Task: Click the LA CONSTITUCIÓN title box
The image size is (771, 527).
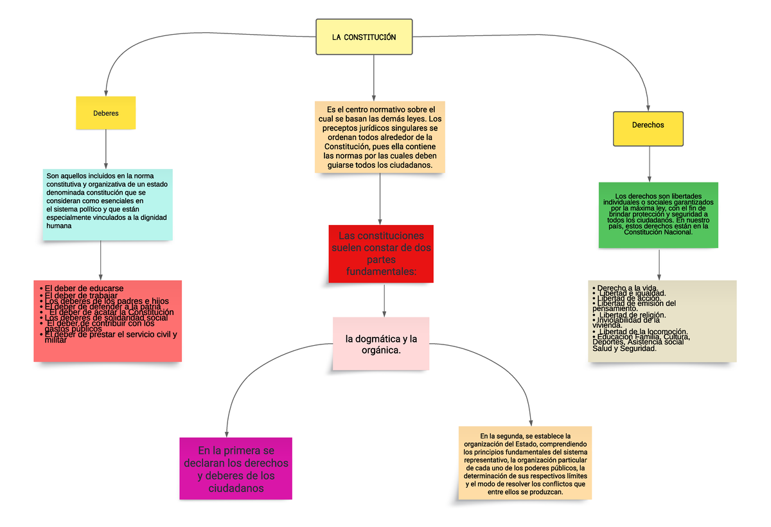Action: coord(364,37)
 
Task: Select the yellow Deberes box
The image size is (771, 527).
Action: coord(106,112)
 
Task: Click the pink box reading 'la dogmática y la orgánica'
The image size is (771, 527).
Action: coord(381,344)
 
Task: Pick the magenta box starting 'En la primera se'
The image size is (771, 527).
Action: coord(236,469)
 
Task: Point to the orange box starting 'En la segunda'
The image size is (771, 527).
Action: coord(524,463)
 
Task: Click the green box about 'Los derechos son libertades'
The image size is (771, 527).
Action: coord(658,215)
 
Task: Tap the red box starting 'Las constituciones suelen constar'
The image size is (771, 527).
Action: coord(381,254)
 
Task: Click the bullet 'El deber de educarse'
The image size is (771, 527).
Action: coord(84,289)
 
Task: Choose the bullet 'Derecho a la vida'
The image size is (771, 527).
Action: coord(626,287)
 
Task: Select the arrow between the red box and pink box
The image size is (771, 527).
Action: coord(384,299)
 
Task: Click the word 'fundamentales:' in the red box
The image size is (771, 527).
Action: coord(381,272)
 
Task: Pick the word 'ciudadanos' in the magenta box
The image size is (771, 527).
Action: coord(236,488)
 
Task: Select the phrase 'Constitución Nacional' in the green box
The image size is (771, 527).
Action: coord(658,232)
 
